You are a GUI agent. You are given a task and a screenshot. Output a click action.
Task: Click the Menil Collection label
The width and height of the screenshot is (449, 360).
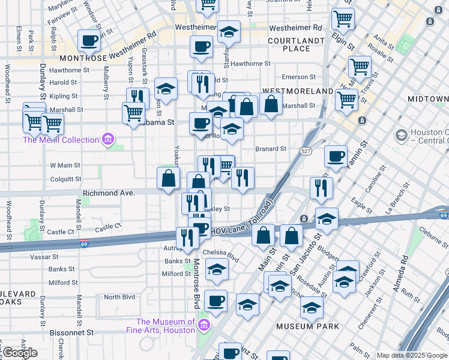click(60, 140)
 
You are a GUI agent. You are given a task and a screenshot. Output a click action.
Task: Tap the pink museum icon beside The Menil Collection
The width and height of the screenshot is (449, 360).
click(108, 140)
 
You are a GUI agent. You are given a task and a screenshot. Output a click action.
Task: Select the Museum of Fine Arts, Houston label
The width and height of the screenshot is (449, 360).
click(160, 326)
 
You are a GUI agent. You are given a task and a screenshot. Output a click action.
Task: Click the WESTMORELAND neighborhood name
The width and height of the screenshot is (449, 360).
click(297, 91)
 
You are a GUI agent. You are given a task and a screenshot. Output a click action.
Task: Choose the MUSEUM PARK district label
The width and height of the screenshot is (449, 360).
click(307, 326)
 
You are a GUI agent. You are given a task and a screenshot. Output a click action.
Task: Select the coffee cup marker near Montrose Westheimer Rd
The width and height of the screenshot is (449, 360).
click(89, 41)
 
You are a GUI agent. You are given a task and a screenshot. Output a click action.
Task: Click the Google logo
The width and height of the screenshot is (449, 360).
click(20, 353)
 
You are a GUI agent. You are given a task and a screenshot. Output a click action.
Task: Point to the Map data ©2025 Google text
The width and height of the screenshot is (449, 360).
click(412, 355)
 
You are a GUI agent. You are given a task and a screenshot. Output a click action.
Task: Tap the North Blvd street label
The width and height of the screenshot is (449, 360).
click(119, 297)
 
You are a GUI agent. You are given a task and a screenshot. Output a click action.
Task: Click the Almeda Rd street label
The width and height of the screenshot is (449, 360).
click(400, 274)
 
